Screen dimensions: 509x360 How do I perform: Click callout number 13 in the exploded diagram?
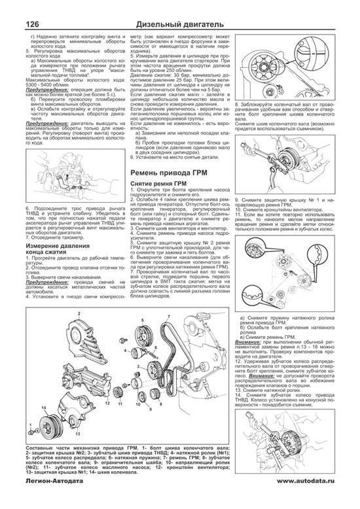(77, 433)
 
